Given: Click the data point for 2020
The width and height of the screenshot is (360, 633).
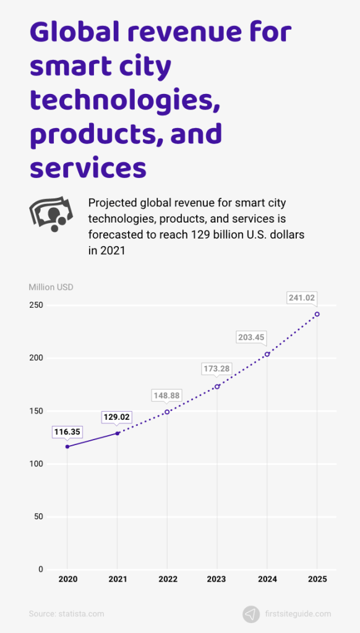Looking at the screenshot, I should [x=67, y=446].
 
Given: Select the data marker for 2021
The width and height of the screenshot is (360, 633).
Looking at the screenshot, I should [x=118, y=433].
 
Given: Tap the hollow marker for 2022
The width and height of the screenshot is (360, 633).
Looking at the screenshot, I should [x=167, y=412].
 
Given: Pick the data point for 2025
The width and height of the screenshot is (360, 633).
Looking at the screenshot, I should [x=317, y=314].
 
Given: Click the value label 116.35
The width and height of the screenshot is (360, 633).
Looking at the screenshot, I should [x=67, y=432].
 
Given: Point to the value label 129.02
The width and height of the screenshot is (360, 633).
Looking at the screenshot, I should [x=118, y=418].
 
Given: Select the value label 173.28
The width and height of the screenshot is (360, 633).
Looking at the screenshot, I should [x=217, y=369].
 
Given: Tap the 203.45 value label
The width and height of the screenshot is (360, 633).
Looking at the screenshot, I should [x=267, y=337].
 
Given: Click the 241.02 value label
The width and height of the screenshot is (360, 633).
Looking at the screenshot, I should [x=302, y=298].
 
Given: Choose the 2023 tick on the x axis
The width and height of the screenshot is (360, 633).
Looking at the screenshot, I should [x=217, y=579].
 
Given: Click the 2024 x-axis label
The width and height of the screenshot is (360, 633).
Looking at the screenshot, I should [x=267, y=579].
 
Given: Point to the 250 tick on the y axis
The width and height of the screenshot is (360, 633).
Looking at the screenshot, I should [x=36, y=305].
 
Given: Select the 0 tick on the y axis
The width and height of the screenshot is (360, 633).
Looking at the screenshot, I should [x=40, y=569].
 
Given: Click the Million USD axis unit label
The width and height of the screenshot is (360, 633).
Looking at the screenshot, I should [x=51, y=287].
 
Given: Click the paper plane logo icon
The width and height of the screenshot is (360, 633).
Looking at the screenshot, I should [x=251, y=614].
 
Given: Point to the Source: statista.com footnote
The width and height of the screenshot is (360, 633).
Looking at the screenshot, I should [x=66, y=614].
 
